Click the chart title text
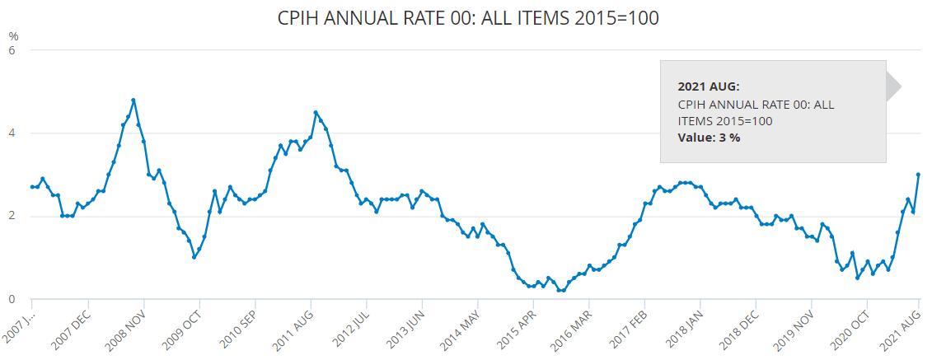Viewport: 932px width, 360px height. click(469, 17)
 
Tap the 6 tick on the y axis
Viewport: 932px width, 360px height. click(13, 49)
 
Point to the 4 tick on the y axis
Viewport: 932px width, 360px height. click(13, 133)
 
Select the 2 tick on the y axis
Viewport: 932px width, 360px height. click(13, 217)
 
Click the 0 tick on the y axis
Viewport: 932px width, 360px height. click(13, 300)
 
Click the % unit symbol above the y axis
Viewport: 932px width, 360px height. click(13, 35)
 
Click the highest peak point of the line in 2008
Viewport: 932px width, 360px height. click(133, 101)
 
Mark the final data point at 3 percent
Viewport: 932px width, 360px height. click(918, 175)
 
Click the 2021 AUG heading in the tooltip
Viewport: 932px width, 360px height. click(709, 86)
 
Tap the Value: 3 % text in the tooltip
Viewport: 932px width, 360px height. click(709, 138)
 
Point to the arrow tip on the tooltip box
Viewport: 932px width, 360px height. click(901, 86)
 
